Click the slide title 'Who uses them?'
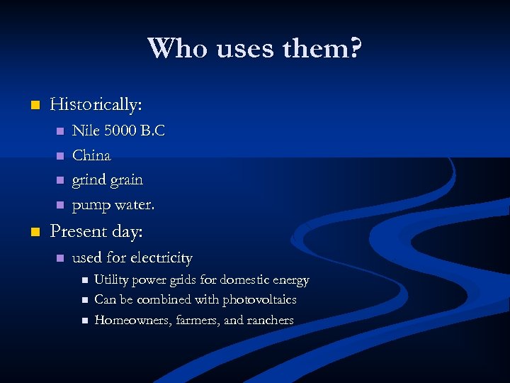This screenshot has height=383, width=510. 255,49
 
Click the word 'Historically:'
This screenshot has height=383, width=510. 96,105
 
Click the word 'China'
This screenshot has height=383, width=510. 91,155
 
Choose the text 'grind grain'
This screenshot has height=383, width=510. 107,180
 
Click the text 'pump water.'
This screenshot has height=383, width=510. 113,206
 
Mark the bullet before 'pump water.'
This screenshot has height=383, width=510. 60,206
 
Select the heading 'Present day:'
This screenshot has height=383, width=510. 96,232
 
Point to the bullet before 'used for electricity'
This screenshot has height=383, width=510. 60,258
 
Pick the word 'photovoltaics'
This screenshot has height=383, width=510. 259,300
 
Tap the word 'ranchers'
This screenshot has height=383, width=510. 270,321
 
